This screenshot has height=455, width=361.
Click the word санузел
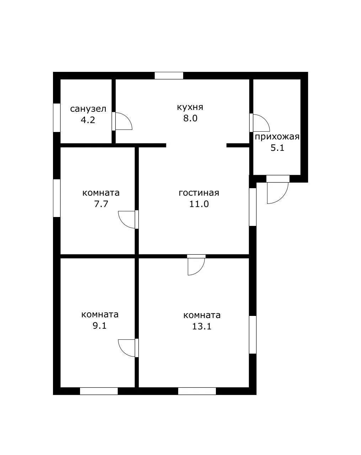pyautogui.click(x=88, y=109)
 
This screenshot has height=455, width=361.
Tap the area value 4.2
pyautogui.click(x=88, y=120)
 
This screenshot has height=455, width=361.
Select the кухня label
pyautogui.click(x=190, y=107)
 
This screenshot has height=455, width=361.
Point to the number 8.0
pyautogui.click(x=190, y=118)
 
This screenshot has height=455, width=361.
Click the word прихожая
pyautogui.click(x=277, y=137)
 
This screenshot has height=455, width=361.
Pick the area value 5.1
pyautogui.click(x=277, y=148)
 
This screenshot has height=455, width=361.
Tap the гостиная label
pyautogui.click(x=199, y=193)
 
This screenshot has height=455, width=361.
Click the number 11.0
pyautogui.click(x=199, y=204)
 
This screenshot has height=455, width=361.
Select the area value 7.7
pyautogui.click(x=101, y=204)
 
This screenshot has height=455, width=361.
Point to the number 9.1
pyautogui.click(x=100, y=326)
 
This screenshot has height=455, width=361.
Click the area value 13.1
pyautogui.click(x=202, y=327)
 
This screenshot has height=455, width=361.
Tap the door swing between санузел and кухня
pyautogui.click(x=122, y=121)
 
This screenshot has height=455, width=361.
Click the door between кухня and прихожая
pyautogui.click(x=260, y=123)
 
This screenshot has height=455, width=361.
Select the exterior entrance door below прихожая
pyautogui.click(x=277, y=190)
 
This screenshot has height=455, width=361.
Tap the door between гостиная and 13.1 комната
pyautogui.click(x=196, y=265)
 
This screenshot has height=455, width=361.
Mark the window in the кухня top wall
pyautogui.click(x=169, y=76)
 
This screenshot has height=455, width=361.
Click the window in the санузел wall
pyautogui.click(x=57, y=118)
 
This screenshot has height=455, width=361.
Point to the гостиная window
pyautogui.click(x=253, y=207)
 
